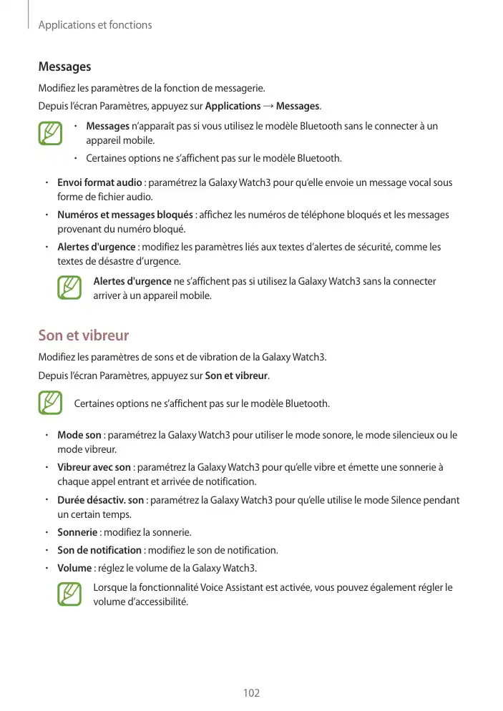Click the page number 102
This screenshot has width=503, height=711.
point(251,693)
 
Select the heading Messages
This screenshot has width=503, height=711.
point(64,67)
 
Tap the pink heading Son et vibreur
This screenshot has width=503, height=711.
point(83,335)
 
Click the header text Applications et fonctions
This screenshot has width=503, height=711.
point(94,25)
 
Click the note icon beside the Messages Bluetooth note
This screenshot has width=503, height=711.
point(50,134)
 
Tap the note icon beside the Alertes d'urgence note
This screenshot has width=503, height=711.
point(69,288)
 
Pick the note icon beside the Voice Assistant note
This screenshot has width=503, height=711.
point(69,594)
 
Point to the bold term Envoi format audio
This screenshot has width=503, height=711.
point(99,182)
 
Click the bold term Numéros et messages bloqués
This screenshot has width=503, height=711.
point(124,215)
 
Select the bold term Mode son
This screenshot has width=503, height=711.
point(79,435)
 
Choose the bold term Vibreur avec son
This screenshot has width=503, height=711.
point(94,467)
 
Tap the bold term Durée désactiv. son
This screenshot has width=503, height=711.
point(102,500)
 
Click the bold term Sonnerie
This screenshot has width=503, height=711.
point(77,532)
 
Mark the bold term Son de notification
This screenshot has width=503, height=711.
point(99,550)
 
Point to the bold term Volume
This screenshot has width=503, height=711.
point(74,568)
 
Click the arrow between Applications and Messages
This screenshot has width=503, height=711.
point(268,107)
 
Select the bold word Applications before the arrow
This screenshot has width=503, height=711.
point(233,107)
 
